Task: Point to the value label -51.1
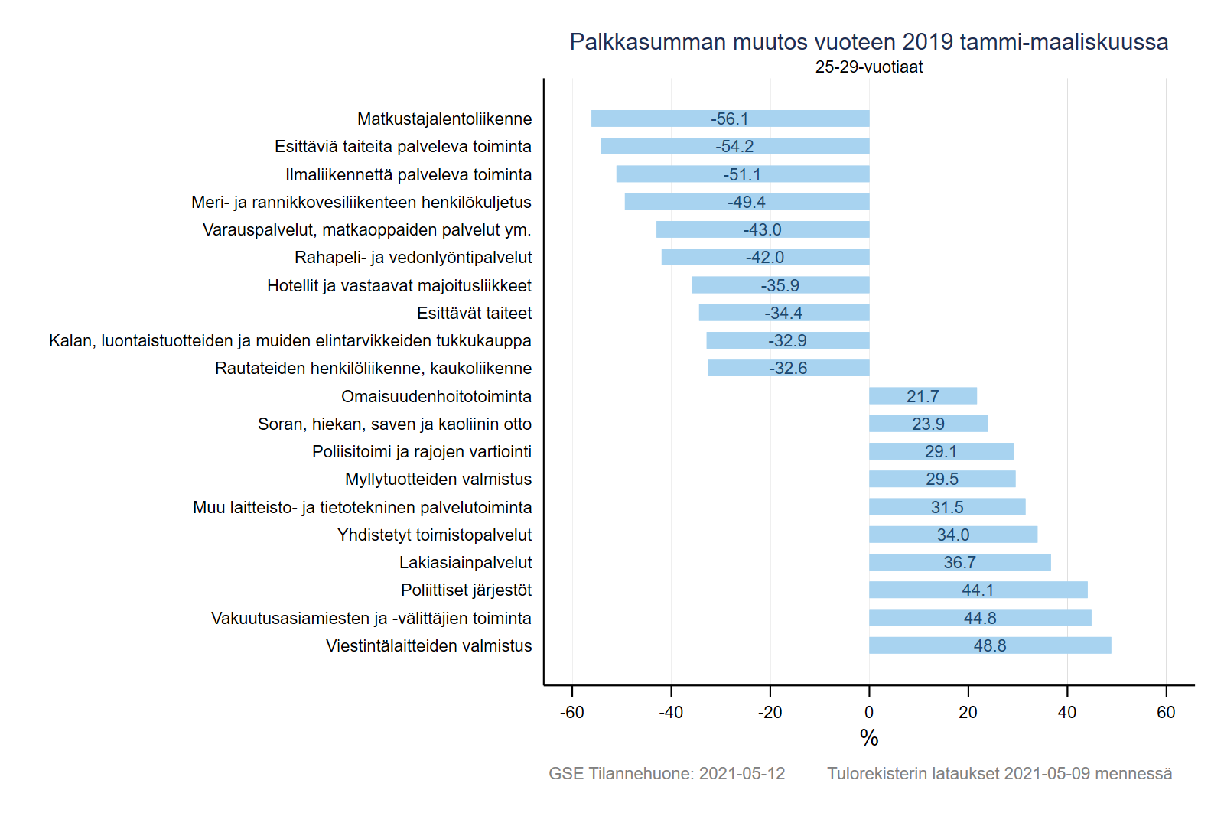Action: (742, 174)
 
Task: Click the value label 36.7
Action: (959, 562)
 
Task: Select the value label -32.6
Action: (788, 368)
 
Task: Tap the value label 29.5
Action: (942, 479)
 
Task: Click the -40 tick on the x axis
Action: (671, 712)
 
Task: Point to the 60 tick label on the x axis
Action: (1166, 712)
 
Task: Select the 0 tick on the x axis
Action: (869, 712)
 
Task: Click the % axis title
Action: (869, 737)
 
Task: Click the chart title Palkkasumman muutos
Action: (868, 41)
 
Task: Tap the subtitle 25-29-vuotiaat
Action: (868, 67)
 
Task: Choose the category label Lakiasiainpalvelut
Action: (465, 562)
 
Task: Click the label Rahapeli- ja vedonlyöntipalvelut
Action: (413, 257)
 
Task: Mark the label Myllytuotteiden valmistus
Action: (438, 479)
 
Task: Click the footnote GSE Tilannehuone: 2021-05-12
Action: (666, 773)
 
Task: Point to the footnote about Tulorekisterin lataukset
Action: (999, 773)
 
